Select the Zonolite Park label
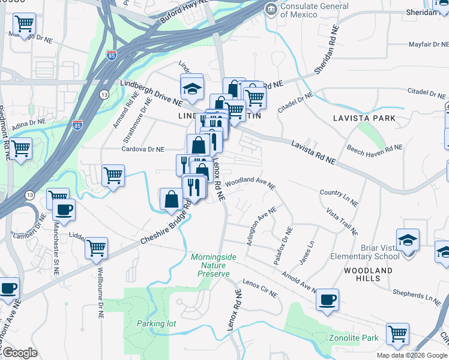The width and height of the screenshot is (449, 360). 354,338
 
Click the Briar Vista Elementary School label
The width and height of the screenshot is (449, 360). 364,252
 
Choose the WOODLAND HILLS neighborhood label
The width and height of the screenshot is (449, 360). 368,274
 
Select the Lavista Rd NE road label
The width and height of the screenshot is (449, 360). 313,152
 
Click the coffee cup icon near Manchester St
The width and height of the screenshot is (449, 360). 64,210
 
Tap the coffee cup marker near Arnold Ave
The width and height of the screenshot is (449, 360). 327,299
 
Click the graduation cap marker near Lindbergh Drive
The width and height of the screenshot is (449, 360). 192,88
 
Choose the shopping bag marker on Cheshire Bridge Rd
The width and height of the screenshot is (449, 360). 172,199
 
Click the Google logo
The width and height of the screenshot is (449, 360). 20,353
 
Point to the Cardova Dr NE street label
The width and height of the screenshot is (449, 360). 143,149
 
